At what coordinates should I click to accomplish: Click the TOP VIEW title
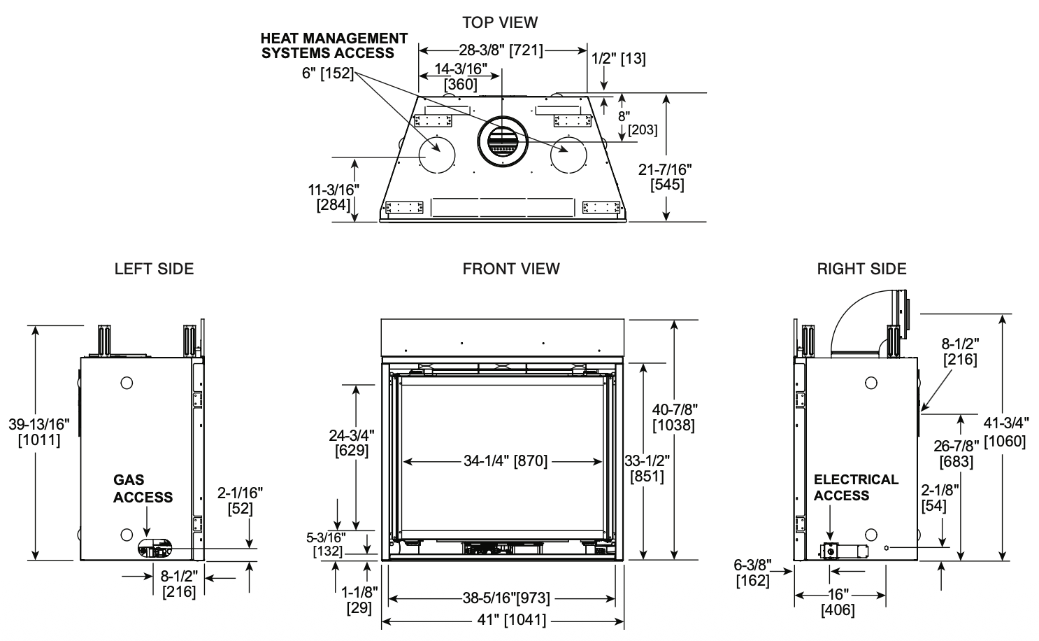(x=499, y=22)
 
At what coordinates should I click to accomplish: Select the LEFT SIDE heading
(x=154, y=269)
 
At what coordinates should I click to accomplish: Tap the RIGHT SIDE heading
(x=861, y=269)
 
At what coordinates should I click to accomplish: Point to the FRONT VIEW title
(x=510, y=269)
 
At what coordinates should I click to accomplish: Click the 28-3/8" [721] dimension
(x=501, y=50)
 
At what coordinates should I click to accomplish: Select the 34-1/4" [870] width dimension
(x=505, y=461)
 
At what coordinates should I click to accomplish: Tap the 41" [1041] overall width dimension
(x=512, y=619)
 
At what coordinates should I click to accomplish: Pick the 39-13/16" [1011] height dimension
(x=39, y=432)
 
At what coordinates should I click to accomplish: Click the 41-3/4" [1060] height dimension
(x=1005, y=432)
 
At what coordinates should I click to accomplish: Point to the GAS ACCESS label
(x=143, y=488)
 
